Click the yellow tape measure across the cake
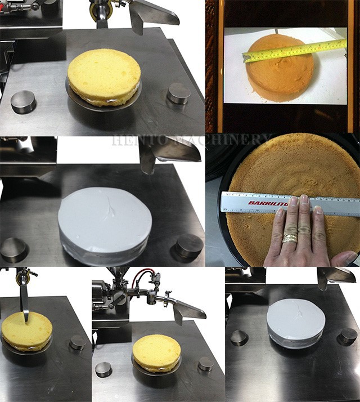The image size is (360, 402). pos(292,50)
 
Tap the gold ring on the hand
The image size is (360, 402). pos(290,238)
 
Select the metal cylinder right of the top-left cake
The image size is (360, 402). pos(178,93)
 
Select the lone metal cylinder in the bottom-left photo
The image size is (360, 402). pos(78,342)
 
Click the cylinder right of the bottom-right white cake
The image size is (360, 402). pos(348,336)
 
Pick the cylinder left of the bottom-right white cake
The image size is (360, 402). pos(239,337)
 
